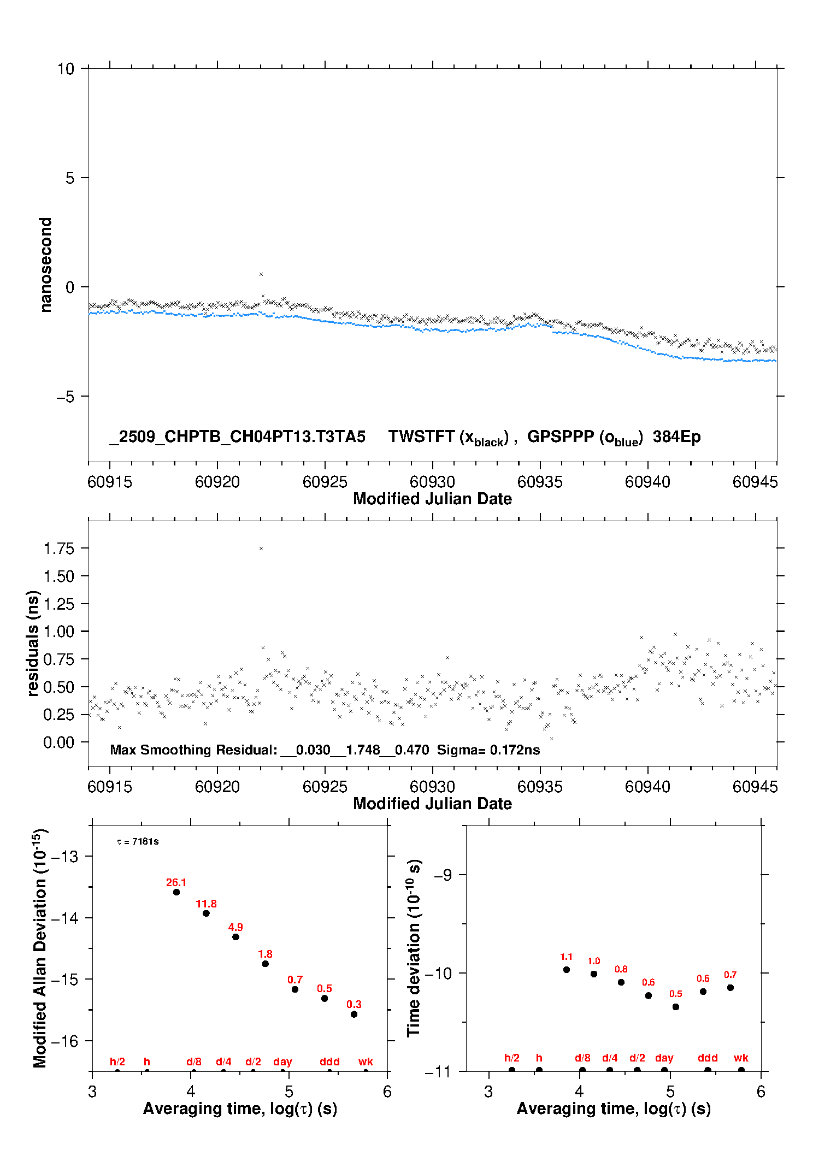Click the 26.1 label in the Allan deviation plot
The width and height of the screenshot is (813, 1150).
tap(176, 882)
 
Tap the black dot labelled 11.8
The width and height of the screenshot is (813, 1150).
tap(206, 913)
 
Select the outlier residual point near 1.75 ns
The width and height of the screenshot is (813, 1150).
tap(261, 549)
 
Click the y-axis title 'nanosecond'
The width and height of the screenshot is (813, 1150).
tap(46, 265)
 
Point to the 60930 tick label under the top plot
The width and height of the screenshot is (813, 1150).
tap(432, 482)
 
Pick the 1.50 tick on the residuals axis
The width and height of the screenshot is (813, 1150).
tap(58, 576)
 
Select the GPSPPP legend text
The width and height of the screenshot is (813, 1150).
tap(560, 437)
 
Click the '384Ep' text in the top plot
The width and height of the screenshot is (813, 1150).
tap(676, 437)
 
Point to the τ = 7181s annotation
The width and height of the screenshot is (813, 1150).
tap(138, 841)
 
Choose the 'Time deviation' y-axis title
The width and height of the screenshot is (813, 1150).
tap(414, 948)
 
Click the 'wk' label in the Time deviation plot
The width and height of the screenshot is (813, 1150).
tap(741, 1058)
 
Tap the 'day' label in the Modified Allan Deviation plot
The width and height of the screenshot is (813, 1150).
tap(282, 1061)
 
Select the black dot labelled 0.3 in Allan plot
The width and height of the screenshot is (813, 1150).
tap(354, 1015)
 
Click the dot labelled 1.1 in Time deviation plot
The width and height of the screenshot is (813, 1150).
tap(567, 970)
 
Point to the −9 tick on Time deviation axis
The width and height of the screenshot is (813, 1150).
tap(443, 875)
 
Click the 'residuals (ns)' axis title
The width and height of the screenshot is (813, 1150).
tap(33, 643)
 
